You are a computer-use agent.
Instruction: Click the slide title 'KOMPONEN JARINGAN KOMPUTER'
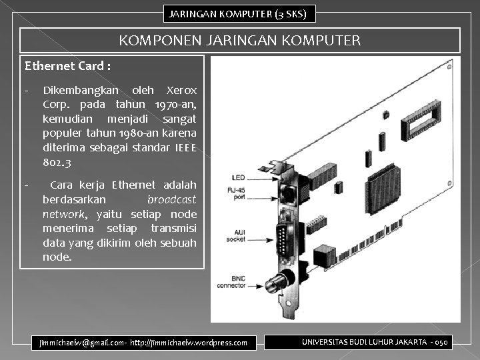[x=240, y=41]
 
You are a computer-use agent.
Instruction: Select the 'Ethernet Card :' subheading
[x=68, y=66]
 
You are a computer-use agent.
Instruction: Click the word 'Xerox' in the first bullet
[x=181, y=90]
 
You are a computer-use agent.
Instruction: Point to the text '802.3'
[x=57, y=162]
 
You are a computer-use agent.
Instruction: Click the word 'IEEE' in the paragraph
[x=185, y=148]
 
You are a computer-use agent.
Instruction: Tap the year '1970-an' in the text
[x=175, y=105]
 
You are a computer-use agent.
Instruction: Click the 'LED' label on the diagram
[x=237, y=178]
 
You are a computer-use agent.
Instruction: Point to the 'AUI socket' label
[x=237, y=235]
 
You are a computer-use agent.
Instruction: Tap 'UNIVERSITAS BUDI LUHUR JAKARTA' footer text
[x=363, y=341]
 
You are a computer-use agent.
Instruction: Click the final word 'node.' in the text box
[x=57, y=257]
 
